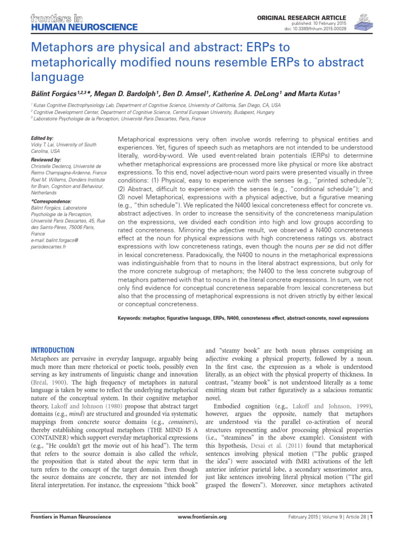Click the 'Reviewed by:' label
click(47, 159)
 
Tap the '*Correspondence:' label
click(52, 201)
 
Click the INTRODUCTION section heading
click(53, 350)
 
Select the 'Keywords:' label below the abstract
click(132, 318)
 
